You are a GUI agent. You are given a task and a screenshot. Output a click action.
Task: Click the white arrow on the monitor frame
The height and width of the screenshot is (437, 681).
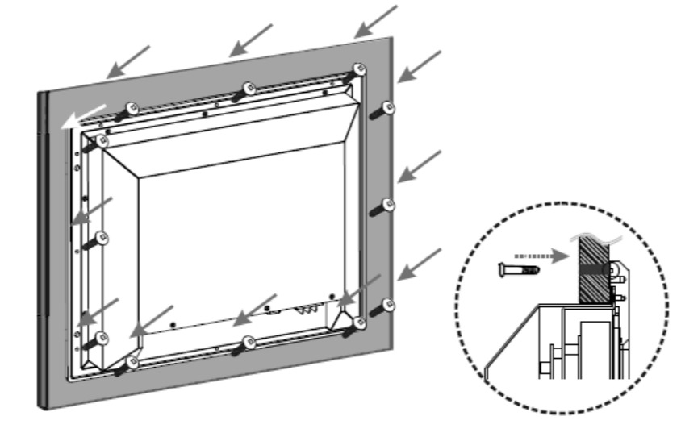pos(82,117)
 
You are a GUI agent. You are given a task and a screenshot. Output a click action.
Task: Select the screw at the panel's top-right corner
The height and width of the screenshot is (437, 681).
pos(360,69)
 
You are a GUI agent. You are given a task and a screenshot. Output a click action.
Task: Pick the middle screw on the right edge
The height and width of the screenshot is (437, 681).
pos(388,205)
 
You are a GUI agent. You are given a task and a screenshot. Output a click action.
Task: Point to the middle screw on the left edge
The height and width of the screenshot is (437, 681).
pos(102,238)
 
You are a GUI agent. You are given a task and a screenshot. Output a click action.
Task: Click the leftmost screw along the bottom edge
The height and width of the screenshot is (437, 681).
pos(132,362)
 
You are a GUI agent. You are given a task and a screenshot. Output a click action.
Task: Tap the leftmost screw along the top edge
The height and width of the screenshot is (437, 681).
pos(132,106)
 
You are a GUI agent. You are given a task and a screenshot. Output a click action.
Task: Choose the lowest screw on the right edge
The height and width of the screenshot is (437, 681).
pos(388,305)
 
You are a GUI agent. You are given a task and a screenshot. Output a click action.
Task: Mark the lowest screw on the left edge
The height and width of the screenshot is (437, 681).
pos(102,337)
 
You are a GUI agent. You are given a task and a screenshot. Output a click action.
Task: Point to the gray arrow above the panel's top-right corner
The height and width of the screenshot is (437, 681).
pos(377,21)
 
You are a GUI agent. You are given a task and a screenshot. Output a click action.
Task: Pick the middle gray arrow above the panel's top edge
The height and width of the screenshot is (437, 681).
pos(250,40)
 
